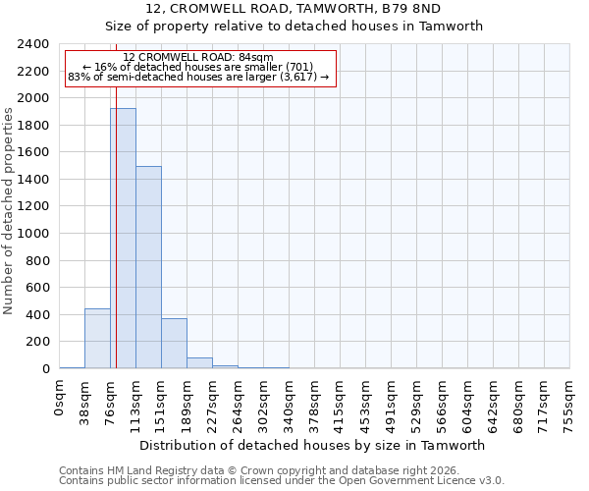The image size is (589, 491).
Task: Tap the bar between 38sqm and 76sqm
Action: [97, 339]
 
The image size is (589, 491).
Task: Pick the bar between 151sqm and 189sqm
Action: [174, 344]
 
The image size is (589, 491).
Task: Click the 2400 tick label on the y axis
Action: [33, 44]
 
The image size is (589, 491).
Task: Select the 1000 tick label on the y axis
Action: [33, 234]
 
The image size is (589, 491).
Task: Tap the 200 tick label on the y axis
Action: [37, 342]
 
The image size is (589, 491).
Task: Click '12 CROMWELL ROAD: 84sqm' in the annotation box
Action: [197, 58]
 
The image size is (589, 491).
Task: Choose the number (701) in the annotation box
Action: [298, 67]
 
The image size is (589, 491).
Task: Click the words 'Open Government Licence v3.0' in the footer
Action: [424, 480]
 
